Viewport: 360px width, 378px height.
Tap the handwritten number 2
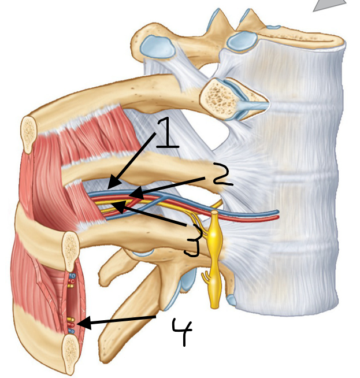click(x=222, y=174)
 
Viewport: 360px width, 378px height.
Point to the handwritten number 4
click(x=182, y=331)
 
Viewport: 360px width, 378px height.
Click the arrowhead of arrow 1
click(x=113, y=184)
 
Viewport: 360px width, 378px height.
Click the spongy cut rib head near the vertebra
click(x=218, y=99)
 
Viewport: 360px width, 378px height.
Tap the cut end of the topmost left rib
click(x=29, y=134)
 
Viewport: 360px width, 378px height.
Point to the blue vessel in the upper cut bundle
click(x=72, y=276)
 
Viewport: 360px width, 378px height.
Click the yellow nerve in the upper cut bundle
click(x=70, y=286)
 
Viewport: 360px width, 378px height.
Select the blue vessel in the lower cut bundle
click(x=72, y=332)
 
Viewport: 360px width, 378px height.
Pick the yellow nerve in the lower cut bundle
click(x=71, y=320)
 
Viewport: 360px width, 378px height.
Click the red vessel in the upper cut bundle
click(x=72, y=281)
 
